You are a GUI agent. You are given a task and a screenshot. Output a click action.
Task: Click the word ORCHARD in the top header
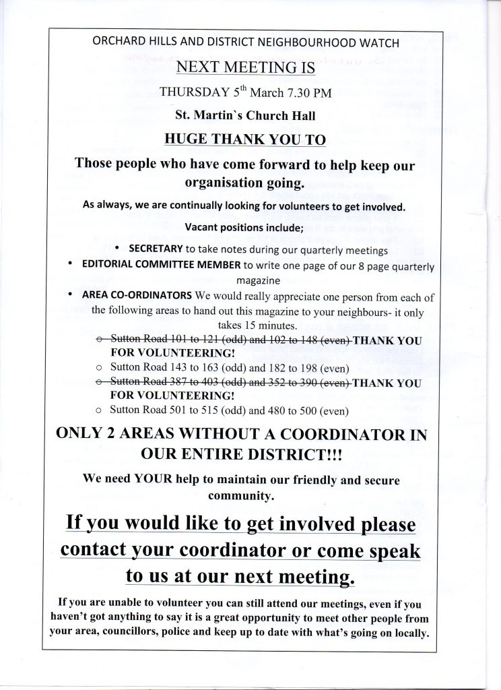point(115,42)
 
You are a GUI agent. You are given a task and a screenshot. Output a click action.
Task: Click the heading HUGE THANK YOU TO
point(245,139)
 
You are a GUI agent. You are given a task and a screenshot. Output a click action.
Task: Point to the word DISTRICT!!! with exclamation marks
point(292,455)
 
